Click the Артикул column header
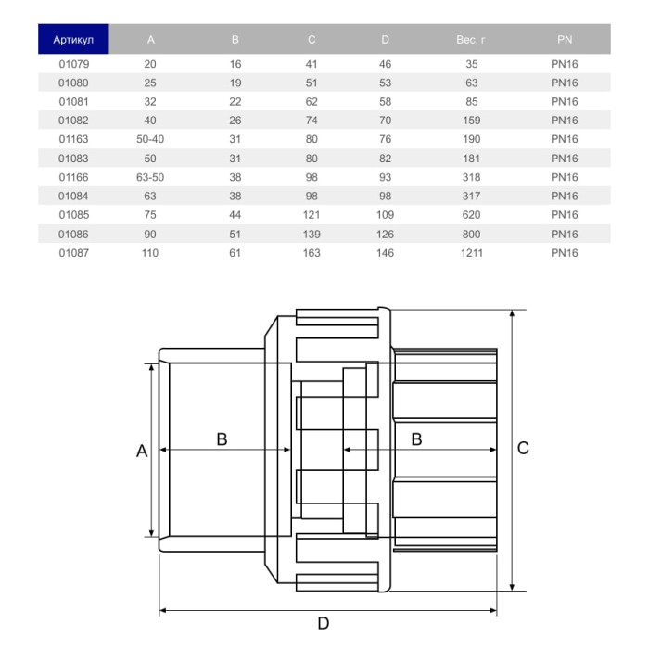[73, 40]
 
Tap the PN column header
[564, 40]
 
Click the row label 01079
[73, 63]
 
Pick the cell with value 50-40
[151, 139]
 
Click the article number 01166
[73, 177]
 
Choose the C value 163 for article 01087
[311, 253]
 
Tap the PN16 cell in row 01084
[564, 196]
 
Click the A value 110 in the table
[151, 253]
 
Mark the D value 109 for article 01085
[385, 215]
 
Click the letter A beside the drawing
[142, 452]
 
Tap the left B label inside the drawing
[222, 439]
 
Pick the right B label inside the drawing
[416, 439]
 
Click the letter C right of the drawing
[523, 448]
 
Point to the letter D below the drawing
[324, 624]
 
